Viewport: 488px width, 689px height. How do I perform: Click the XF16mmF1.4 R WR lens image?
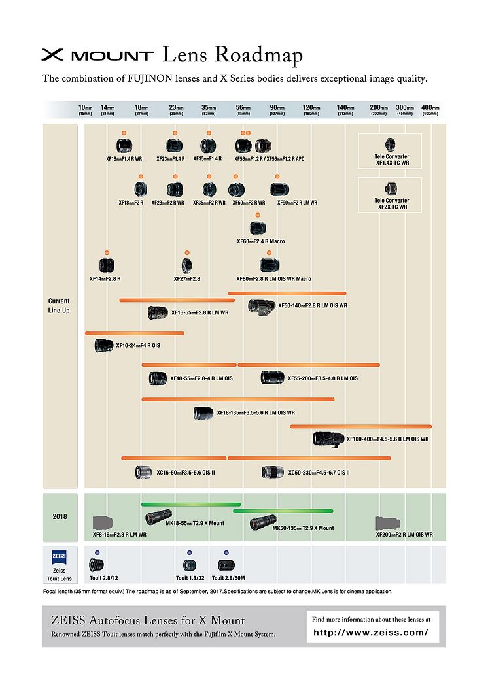(x=125, y=146)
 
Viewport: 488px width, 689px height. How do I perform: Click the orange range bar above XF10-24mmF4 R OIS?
(x=134, y=333)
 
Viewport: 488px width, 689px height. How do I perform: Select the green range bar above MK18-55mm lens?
(x=191, y=504)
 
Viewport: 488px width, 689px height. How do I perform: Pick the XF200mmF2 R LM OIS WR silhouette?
(x=388, y=524)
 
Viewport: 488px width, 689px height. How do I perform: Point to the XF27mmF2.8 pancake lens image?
(x=186, y=265)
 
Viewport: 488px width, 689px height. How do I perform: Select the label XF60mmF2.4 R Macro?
(x=260, y=241)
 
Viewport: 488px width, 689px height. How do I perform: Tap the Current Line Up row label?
(x=59, y=306)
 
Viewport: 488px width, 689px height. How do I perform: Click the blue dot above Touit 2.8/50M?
(x=226, y=552)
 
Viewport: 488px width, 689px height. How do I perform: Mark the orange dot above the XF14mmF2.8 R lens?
(x=106, y=252)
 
